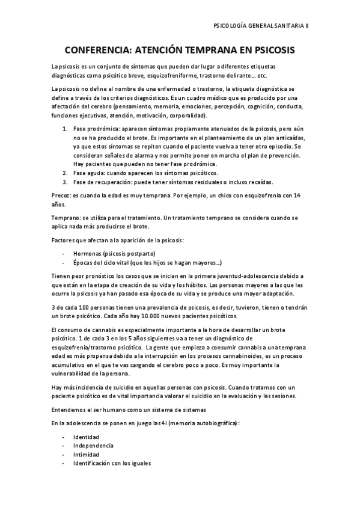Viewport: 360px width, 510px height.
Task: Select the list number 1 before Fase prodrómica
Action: point(64,129)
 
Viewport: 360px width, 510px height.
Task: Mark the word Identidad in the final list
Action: point(87,436)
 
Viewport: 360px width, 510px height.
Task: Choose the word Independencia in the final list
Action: point(93,445)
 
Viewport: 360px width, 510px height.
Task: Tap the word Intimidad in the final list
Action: point(87,454)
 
